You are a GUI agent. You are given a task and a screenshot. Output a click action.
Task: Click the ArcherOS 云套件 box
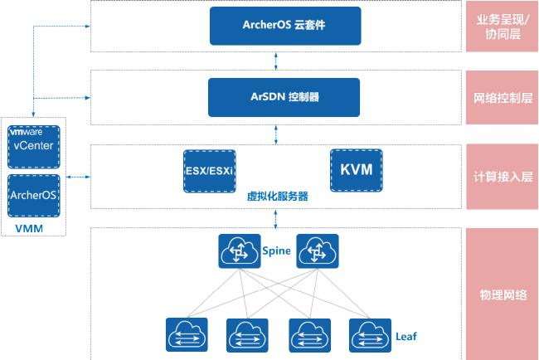coord(274,26)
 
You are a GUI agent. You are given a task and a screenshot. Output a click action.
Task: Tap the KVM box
coord(356,170)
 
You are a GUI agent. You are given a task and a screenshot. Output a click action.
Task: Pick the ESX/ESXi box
coord(209,171)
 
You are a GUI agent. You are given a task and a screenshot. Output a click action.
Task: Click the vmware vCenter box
coord(33,145)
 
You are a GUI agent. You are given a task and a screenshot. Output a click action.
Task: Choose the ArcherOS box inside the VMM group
coord(33,195)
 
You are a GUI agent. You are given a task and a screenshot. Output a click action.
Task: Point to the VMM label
coord(30,227)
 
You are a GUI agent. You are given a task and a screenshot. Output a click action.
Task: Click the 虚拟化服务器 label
coord(277,197)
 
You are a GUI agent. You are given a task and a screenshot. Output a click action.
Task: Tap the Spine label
coord(276,250)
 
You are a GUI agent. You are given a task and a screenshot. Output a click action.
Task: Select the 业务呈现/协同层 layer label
coord(503,26)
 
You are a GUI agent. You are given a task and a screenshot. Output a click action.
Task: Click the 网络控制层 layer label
coord(503,96)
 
